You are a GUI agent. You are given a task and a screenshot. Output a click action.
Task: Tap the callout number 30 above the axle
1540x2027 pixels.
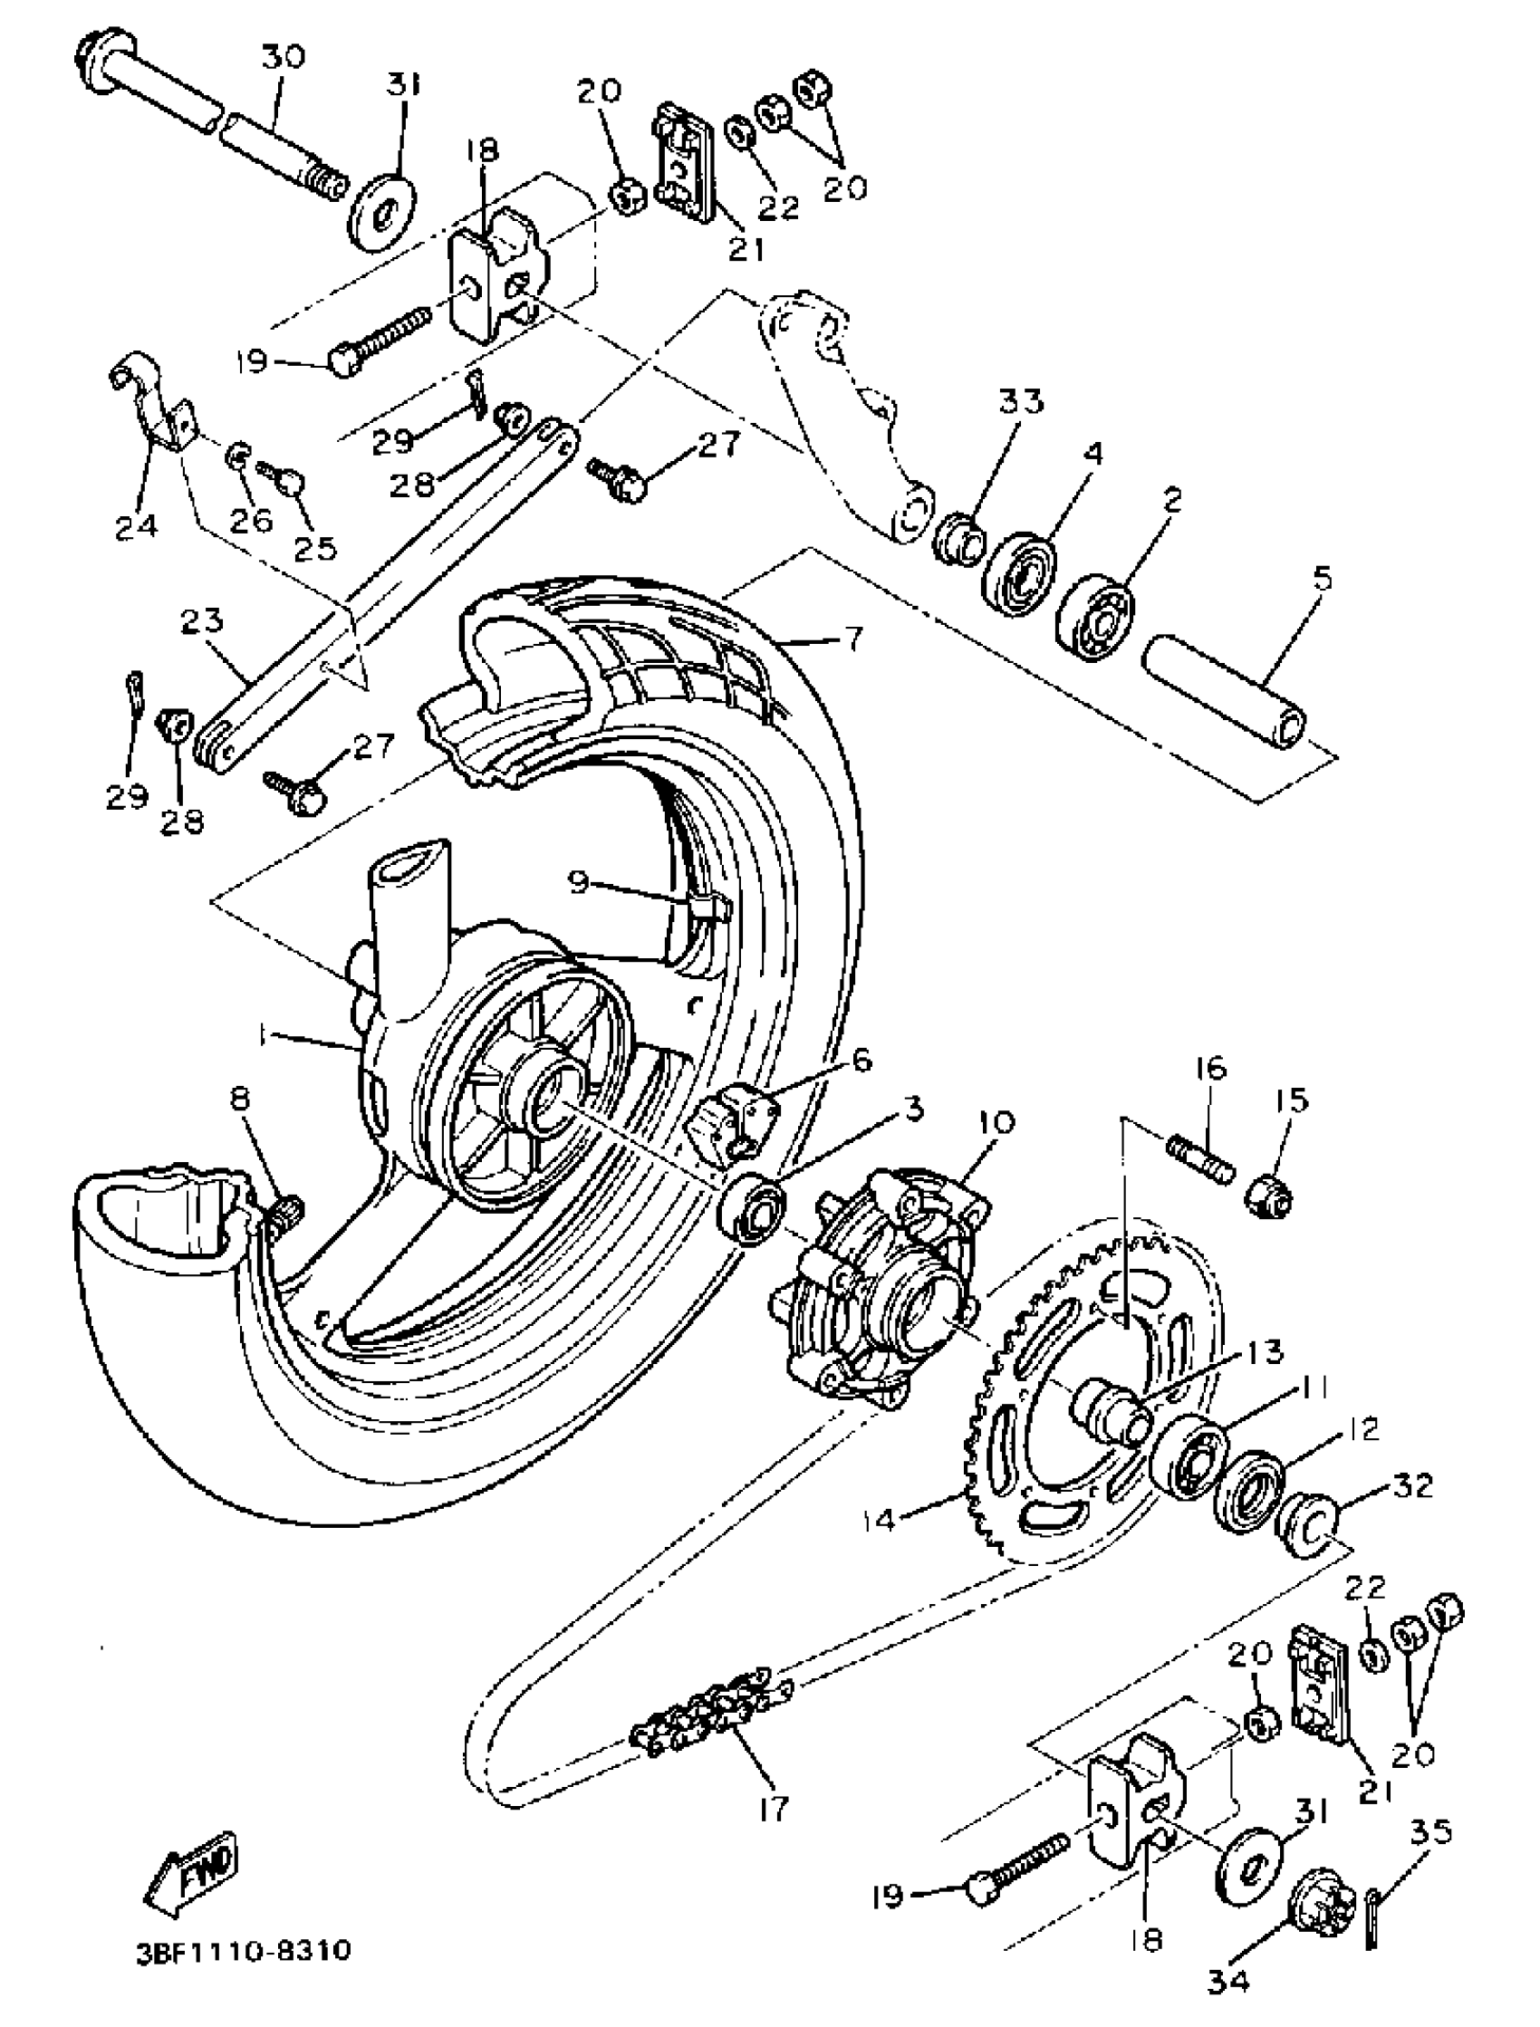point(283,58)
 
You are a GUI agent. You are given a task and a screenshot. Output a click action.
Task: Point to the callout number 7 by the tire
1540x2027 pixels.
point(852,639)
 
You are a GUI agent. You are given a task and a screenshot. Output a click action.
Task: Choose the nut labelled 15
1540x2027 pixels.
point(1267,1196)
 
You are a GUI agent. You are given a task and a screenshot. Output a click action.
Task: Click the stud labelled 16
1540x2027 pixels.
point(1201,1158)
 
